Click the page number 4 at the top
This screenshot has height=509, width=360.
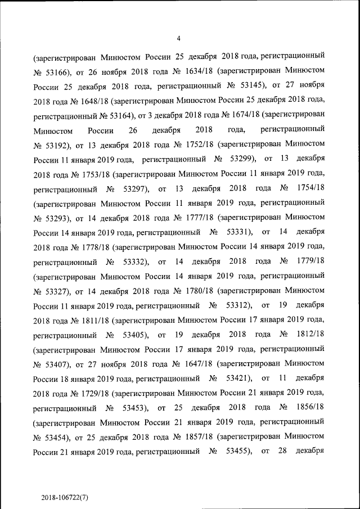178,38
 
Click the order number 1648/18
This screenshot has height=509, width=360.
90,101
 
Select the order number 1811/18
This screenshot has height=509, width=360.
90,319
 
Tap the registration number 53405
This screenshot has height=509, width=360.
135,334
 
